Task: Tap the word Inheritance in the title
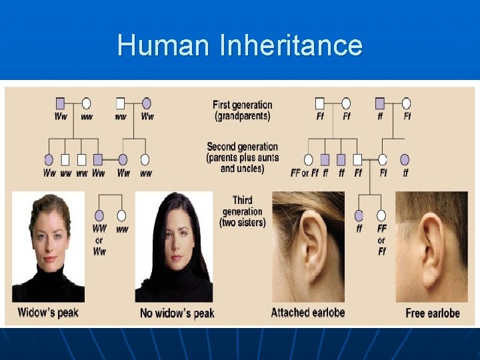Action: (291, 45)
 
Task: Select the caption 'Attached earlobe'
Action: (307, 312)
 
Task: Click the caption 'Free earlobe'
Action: (433, 313)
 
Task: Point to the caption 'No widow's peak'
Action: (177, 313)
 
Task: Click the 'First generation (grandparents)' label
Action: (243, 110)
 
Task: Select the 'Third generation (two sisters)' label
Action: (242, 211)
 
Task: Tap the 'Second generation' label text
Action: (242, 147)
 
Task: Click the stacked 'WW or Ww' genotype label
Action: (99, 240)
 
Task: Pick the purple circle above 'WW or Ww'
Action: (99, 215)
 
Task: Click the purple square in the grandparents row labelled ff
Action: (380, 103)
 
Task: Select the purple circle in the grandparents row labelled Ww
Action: (147, 103)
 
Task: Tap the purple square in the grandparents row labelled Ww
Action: (60, 103)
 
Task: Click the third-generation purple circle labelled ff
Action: (359, 215)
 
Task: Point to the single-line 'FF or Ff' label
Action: (305, 173)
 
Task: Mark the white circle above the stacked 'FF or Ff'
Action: (381, 215)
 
